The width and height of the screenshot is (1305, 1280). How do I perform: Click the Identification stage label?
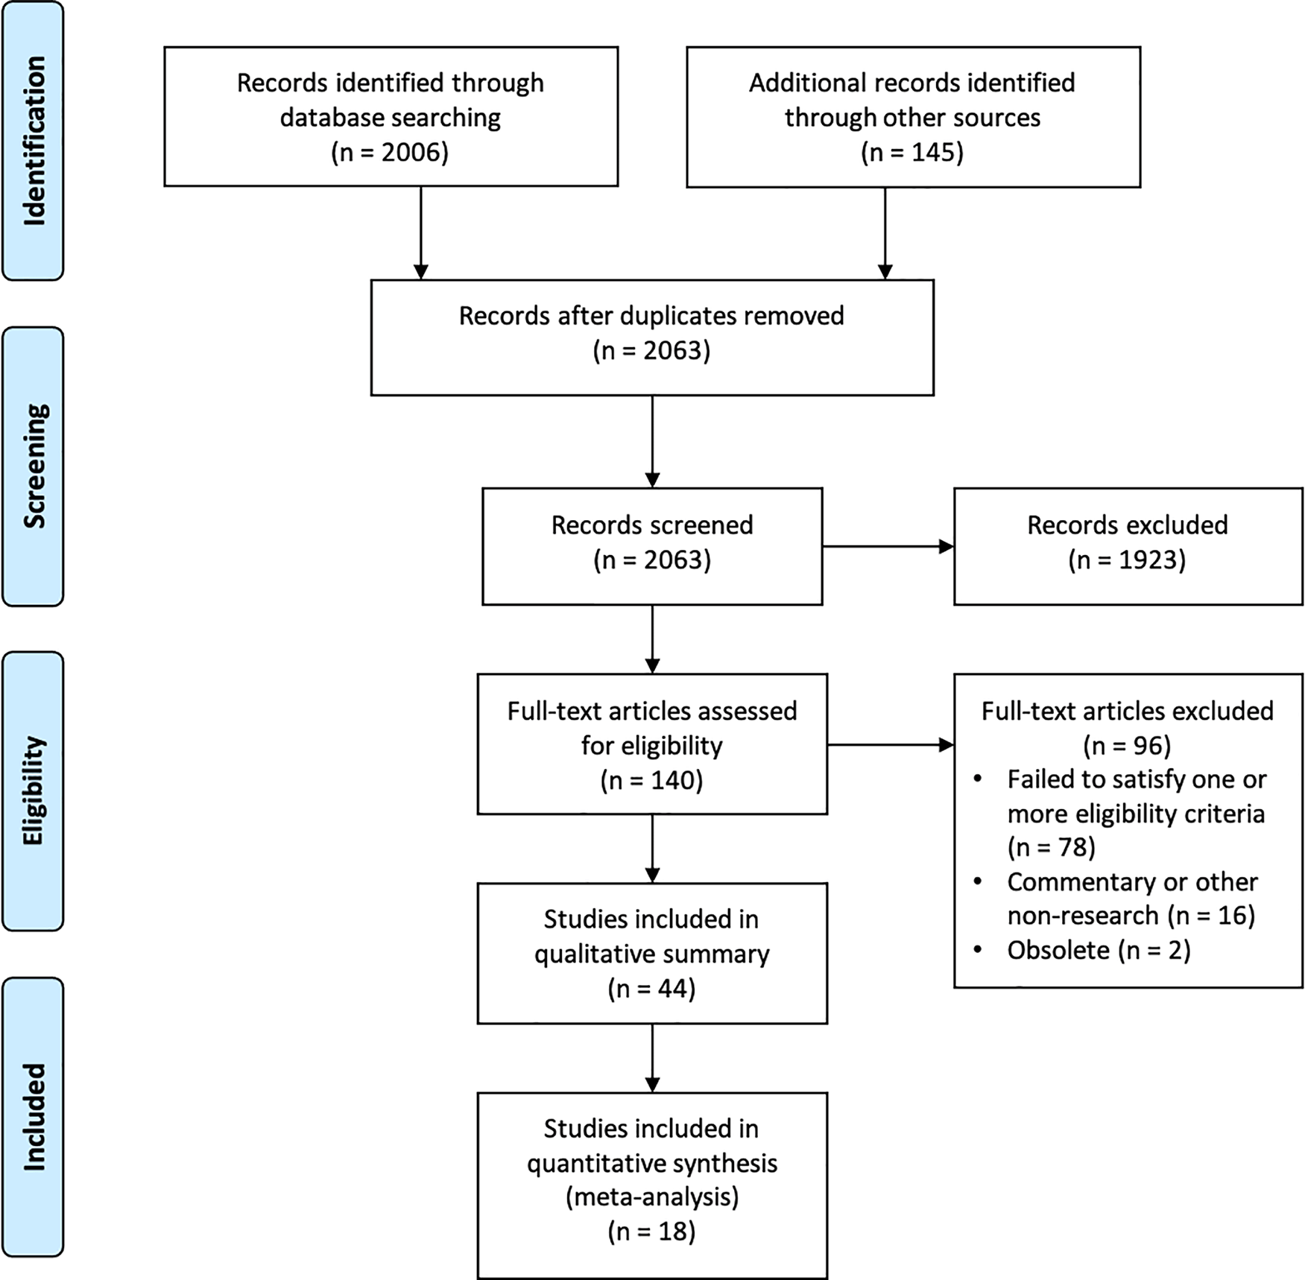point(34,141)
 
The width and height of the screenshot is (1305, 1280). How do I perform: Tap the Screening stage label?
point(34,466)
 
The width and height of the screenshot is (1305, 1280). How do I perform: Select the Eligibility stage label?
point(34,791)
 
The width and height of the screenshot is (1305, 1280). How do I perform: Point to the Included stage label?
point(34,1117)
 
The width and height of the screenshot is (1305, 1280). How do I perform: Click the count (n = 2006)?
point(390,152)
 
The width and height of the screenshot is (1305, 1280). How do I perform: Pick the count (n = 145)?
point(912,152)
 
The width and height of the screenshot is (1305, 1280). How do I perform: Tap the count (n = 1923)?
point(1127,560)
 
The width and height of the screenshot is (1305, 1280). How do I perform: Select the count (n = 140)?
point(652,780)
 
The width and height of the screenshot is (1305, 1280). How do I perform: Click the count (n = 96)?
point(1127,745)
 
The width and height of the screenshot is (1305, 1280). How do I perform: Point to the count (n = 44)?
point(652,988)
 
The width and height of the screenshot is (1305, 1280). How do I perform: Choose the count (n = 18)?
point(652,1231)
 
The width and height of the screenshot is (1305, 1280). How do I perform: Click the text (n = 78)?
point(1052,847)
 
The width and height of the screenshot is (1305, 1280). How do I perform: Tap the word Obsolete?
point(1058,950)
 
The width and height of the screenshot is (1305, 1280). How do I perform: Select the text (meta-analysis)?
point(652,1197)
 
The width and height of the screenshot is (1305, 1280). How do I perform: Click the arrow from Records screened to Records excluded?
point(888,547)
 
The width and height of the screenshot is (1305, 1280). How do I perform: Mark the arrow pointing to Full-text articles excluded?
point(891,744)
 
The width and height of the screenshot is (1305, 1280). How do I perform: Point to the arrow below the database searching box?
point(421,233)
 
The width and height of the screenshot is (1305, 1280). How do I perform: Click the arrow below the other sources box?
point(885,233)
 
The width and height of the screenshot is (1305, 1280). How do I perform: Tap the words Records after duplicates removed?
point(651,316)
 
